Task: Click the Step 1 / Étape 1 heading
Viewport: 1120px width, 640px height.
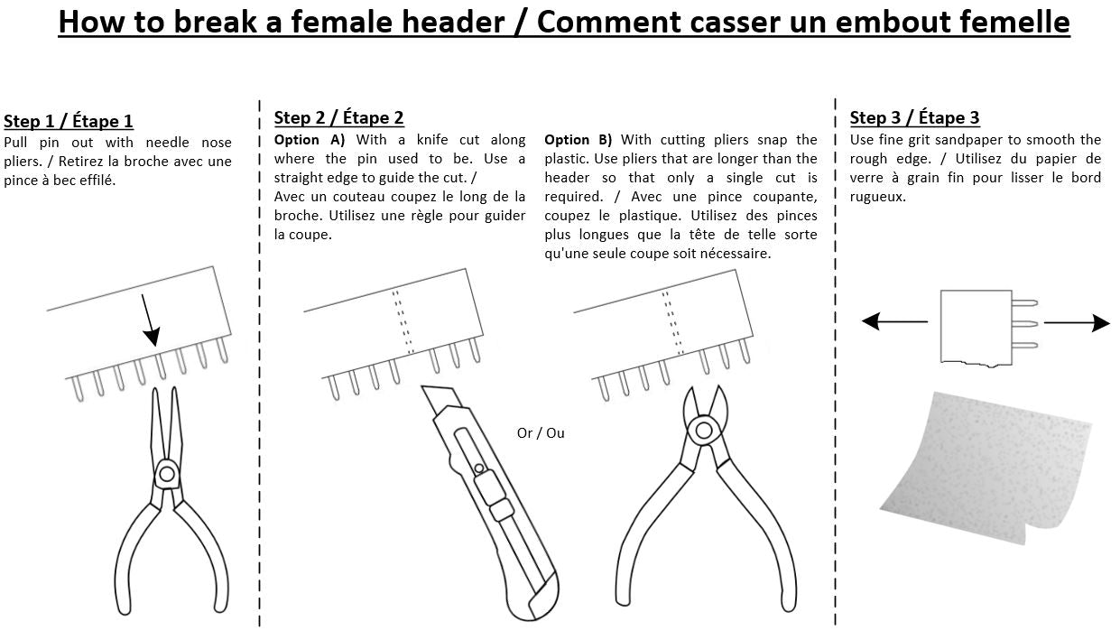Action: [69, 122]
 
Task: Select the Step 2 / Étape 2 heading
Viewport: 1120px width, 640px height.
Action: [338, 117]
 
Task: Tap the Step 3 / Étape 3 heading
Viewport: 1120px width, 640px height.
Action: [914, 117]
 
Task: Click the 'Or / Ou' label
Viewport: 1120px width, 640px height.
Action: [541, 433]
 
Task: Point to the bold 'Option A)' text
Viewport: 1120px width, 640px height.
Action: [310, 140]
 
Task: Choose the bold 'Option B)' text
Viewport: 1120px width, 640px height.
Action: [579, 140]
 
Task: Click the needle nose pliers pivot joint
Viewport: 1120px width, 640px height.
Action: [166, 472]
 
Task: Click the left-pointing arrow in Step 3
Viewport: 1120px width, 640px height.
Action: [893, 321]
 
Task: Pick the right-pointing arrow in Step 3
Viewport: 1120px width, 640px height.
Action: [1077, 322]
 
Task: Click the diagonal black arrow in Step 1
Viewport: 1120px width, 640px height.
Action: [149, 320]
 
